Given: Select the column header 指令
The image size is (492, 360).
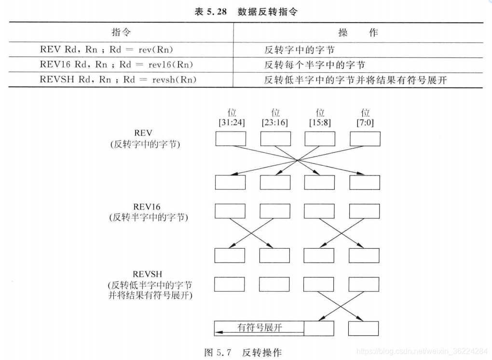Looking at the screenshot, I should [x=121, y=33].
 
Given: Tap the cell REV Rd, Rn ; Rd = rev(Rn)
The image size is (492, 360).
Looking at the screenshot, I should [x=107, y=50].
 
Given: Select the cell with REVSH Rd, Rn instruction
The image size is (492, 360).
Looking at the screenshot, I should [x=118, y=80].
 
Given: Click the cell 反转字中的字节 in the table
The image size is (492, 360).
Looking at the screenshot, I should [x=299, y=50].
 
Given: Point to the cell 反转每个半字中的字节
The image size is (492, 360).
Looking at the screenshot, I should [x=314, y=65].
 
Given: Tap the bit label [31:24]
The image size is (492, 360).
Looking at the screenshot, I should [x=232, y=122].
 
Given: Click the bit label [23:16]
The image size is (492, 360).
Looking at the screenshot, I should [x=274, y=122].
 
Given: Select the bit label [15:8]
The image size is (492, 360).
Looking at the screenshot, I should [x=319, y=122].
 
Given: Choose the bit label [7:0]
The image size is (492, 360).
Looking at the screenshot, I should [x=365, y=122].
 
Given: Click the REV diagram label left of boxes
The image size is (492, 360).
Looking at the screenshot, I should [x=144, y=138].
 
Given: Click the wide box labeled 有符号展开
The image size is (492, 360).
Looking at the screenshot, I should [x=259, y=328].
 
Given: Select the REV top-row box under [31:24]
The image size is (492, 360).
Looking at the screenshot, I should [x=230, y=139].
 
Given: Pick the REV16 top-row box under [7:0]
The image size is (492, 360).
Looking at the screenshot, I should [x=364, y=211].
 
